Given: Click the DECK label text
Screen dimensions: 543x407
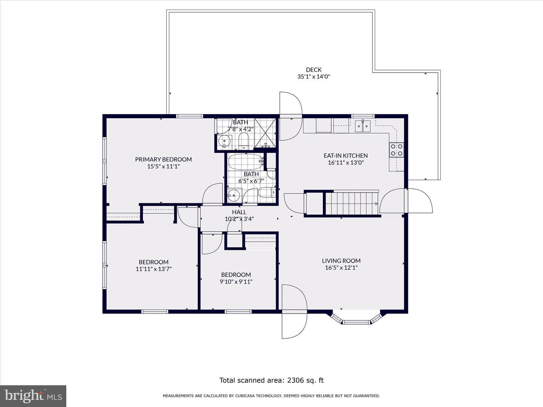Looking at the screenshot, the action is [x=314, y=70].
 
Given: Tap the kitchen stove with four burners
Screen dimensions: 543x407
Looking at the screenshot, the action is [x=397, y=150].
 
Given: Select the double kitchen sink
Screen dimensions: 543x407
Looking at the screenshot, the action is [x=362, y=126].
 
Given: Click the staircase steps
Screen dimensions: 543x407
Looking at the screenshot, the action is [x=352, y=203].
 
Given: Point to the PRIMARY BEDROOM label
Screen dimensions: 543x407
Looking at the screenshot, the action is [x=164, y=159].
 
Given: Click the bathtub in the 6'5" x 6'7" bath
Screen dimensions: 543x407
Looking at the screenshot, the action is [x=245, y=162].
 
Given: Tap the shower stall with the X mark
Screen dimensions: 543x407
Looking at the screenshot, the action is [x=265, y=133].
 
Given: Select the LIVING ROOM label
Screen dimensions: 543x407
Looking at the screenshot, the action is [x=341, y=261].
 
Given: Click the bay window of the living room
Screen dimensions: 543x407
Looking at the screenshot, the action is [x=356, y=319].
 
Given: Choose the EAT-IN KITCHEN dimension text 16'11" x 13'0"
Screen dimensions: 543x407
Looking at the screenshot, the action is [x=346, y=162].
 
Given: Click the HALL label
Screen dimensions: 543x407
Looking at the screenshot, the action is [x=239, y=212].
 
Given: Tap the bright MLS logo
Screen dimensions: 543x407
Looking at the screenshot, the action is [x=33, y=396].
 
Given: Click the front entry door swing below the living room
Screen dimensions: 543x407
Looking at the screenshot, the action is [x=295, y=311].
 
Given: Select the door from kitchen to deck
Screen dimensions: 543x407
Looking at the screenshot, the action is [x=291, y=116].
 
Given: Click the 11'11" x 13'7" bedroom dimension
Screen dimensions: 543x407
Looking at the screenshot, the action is [x=153, y=269].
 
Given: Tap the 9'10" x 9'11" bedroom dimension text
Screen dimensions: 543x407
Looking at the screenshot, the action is [x=236, y=282].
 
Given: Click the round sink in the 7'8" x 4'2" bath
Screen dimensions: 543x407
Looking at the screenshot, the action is [x=224, y=141].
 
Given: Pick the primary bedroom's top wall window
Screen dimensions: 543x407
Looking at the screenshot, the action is [x=190, y=116].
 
